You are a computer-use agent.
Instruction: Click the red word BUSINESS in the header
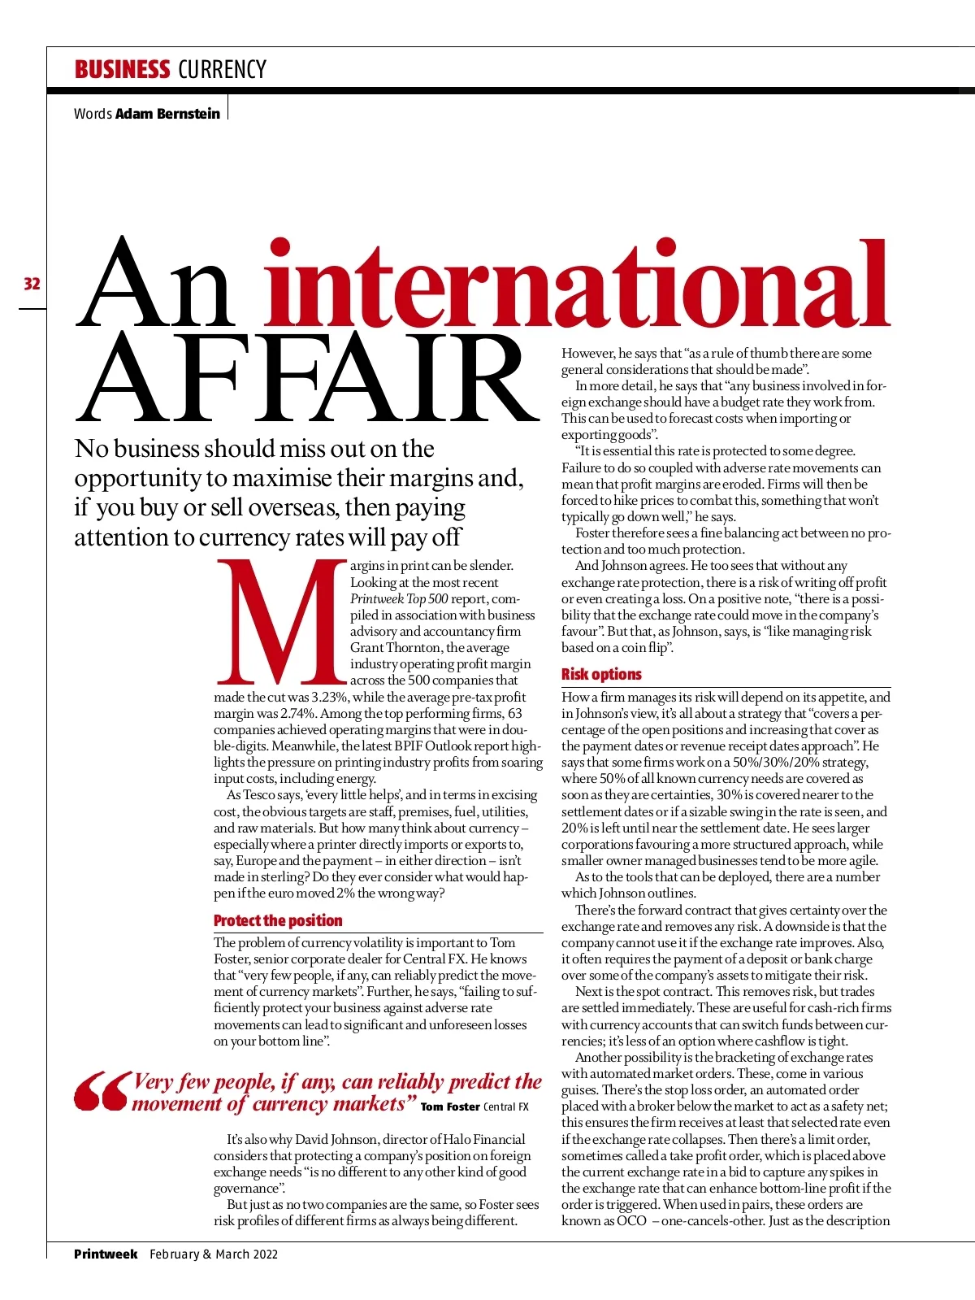(122, 70)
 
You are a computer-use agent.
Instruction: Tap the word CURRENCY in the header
(222, 70)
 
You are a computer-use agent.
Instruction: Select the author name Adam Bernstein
(167, 114)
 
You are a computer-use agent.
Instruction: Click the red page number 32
(32, 284)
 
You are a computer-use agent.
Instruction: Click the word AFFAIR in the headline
(309, 379)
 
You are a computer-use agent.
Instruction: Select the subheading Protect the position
(278, 920)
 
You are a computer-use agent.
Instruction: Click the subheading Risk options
(601, 674)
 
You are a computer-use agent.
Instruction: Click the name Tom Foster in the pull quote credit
(450, 1107)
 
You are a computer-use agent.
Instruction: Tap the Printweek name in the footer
(106, 1254)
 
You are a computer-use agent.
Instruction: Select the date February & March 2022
(214, 1254)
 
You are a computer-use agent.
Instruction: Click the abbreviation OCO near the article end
(631, 1220)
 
